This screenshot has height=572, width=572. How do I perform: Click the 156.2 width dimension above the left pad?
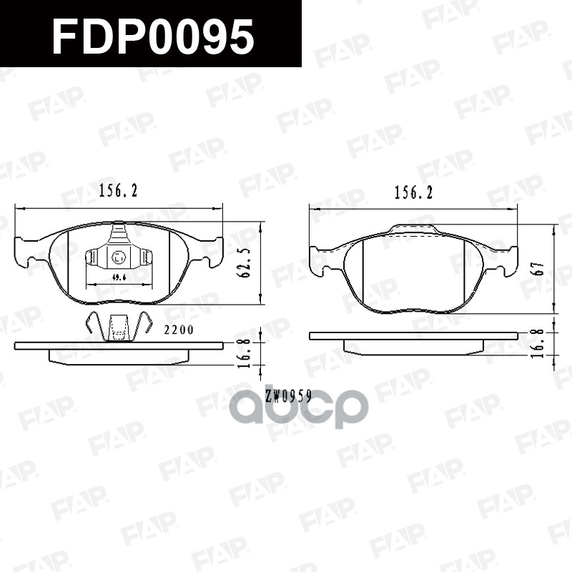(x=117, y=191)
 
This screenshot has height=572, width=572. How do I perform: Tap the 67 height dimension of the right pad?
(x=541, y=268)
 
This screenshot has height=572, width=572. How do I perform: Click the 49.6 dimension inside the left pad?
(x=119, y=276)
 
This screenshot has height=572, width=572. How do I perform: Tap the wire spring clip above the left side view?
(x=118, y=327)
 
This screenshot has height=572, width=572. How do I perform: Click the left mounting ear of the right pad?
(x=321, y=261)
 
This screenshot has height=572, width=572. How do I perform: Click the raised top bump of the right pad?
(x=413, y=230)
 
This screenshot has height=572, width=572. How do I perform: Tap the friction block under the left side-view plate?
(x=118, y=357)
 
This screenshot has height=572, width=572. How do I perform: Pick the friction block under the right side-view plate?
(x=413, y=347)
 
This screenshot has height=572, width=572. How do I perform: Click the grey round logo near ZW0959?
(x=297, y=410)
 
